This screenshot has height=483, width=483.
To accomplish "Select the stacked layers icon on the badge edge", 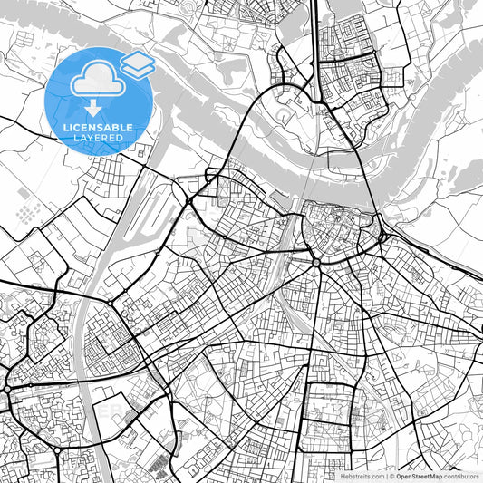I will pyautogui.click(x=139, y=62).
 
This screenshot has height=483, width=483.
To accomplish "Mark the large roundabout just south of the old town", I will pyautogui.click(x=316, y=262).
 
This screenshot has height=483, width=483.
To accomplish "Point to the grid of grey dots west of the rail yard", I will pyautogui.click(x=28, y=213).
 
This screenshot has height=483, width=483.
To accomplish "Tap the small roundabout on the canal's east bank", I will pyautogui.click(x=110, y=303).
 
